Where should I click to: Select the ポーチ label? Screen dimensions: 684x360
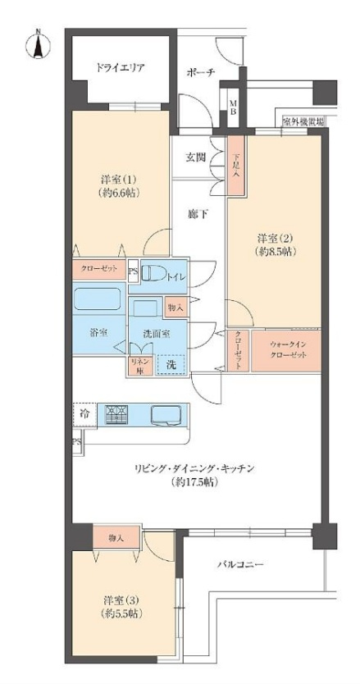[x=200, y=72]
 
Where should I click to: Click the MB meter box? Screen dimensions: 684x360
[x=234, y=108]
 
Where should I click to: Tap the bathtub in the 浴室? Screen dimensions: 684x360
[x=98, y=299]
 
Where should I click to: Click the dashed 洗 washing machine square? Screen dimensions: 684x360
[x=171, y=363]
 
